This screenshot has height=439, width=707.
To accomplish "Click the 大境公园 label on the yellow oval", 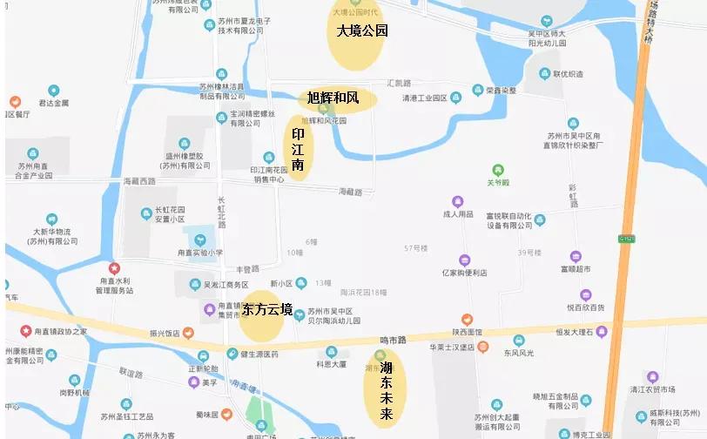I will pyautogui.click(x=361, y=31).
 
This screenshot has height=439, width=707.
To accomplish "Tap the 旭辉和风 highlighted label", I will pyautogui.click(x=333, y=98).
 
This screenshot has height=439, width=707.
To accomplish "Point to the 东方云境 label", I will pyautogui.click(x=266, y=310).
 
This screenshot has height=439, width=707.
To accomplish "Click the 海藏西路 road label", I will pyautogui.click(x=138, y=181).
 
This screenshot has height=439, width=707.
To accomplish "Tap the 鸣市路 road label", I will pyautogui.click(x=394, y=340).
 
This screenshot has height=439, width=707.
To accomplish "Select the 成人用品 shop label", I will pyautogui.click(x=458, y=214).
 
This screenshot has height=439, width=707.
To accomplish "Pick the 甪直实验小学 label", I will pyautogui.click(x=195, y=253).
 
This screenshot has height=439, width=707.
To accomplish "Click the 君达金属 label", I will pyautogui.click(x=53, y=103).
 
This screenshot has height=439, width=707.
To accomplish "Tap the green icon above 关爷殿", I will pyautogui.click(x=497, y=169).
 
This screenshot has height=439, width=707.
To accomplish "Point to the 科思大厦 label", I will pyautogui.click(x=331, y=364).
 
